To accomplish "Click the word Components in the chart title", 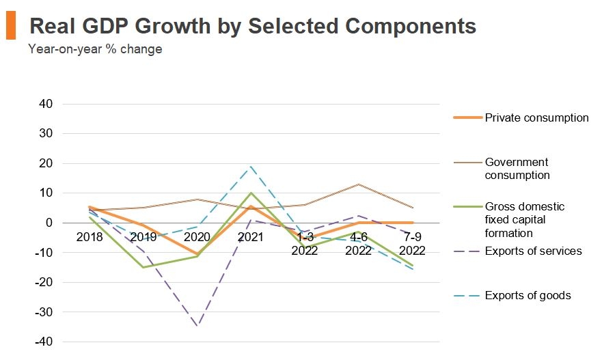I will point(410,26).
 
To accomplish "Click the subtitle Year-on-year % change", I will point(95,49).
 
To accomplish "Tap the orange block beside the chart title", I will point(10,26).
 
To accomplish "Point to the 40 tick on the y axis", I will point(46,104).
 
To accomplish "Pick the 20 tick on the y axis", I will point(46,163).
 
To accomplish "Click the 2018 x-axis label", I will point(90,237).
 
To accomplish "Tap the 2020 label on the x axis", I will point(197,237).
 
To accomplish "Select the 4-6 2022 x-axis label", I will point(359,243).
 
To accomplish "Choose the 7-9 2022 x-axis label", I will point(413,243).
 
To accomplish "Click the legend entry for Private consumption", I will point(536,117).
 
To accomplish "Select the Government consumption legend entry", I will point(517,169).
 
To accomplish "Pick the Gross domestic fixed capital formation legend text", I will point(525,220).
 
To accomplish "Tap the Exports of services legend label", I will point(533,251).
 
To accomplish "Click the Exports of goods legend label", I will point(528,296).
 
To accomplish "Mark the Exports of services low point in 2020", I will point(197,326).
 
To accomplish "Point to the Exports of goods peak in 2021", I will point(251,166).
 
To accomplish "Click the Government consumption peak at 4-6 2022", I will point(359,184).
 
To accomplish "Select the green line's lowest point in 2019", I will point(143,267).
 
